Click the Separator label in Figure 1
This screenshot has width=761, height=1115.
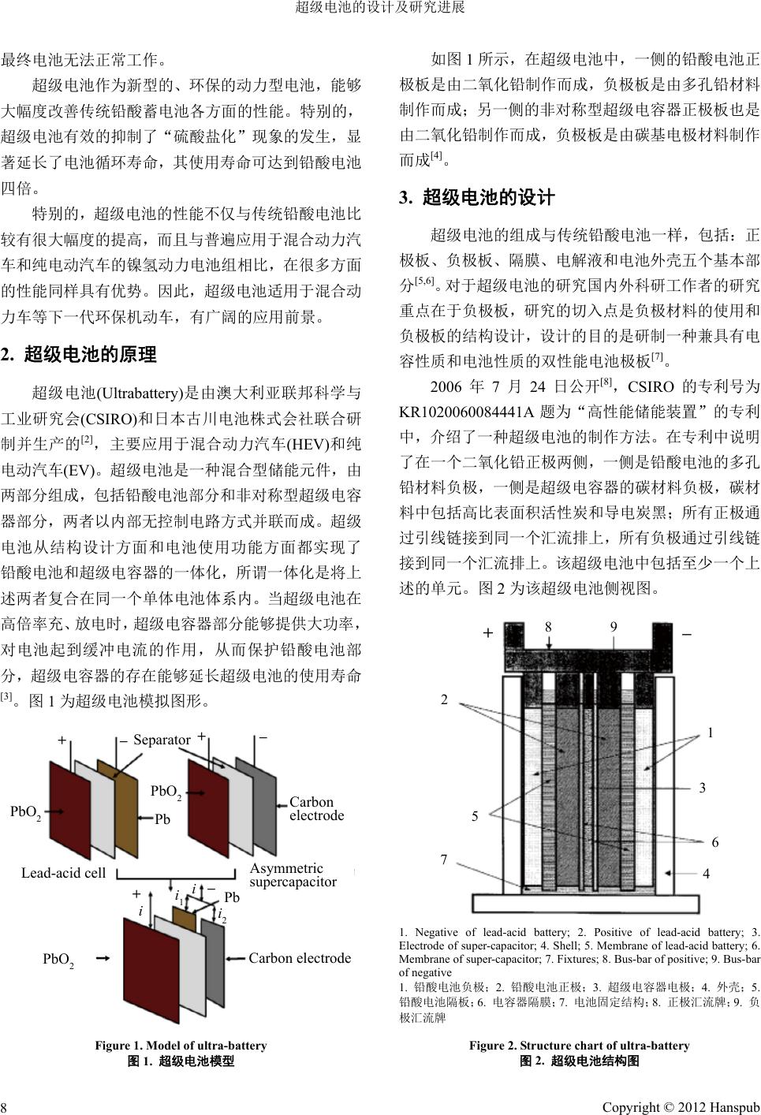[x=162, y=740]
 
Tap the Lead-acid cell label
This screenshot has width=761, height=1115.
[x=63, y=873]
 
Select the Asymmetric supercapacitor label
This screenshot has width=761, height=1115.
[x=293, y=875]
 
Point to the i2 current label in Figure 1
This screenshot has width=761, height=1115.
[x=222, y=916]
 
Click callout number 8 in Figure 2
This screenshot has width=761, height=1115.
[x=548, y=626]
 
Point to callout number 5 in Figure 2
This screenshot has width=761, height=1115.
[x=475, y=817]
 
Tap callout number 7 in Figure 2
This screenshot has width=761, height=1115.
[x=444, y=860]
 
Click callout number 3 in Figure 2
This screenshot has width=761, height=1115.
[x=702, y=788]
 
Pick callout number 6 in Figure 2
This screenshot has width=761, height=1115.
[x=714, y=842]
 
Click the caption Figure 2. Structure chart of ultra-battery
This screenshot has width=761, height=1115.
[x=579, y=1046]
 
